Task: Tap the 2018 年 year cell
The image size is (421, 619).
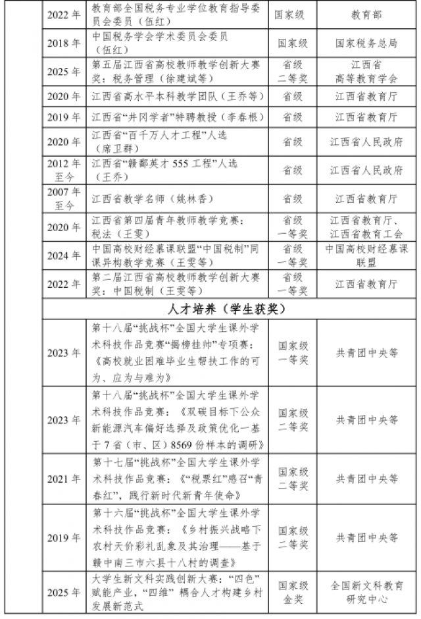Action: (64, 43)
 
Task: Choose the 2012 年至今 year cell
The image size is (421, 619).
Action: (64, 170)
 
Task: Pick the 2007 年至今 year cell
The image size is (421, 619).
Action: (64, 198)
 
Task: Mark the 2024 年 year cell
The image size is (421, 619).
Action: (64, 256)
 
